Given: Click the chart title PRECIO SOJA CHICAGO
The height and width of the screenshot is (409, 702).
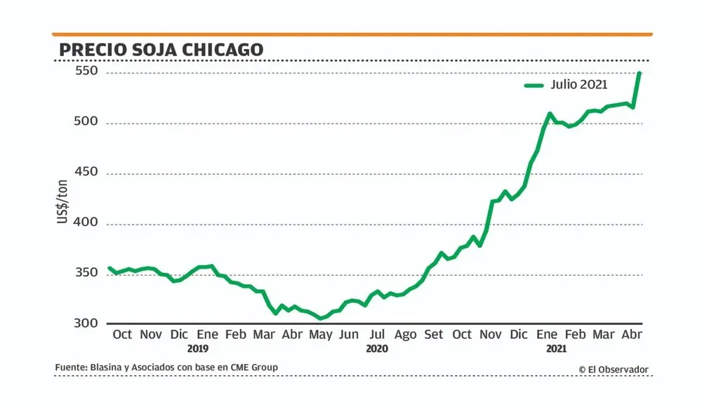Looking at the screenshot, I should click(161, 49).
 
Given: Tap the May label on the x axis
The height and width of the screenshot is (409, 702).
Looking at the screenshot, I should click(321, 335).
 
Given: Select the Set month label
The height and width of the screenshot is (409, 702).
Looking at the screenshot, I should click(434, 335).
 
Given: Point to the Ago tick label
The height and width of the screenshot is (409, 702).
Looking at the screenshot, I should click(405, 335).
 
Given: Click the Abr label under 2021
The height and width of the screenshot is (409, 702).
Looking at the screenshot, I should click(633, 335).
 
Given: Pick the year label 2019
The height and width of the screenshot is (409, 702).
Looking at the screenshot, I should click(198, 348).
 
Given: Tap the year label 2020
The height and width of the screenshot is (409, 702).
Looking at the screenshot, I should click(377, 348).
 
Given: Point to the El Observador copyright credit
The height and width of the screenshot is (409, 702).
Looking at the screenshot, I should click(614, 369).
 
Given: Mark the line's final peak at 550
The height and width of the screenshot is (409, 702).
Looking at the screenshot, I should click(640, 73).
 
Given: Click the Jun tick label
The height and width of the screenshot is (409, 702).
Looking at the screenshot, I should click(349, 335).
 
